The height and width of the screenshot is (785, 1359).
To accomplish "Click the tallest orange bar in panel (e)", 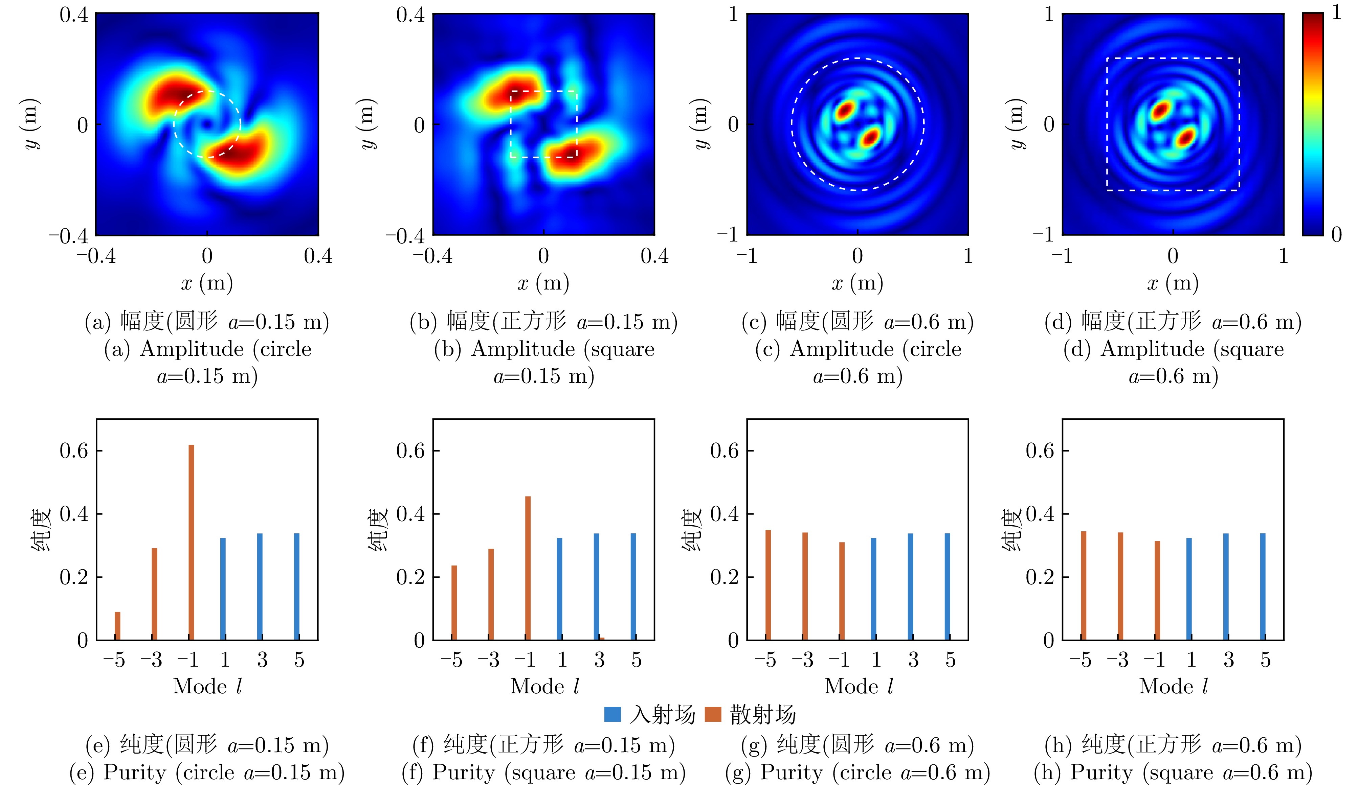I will (191, 542).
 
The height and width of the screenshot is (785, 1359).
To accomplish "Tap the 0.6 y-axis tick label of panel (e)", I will (74, 451).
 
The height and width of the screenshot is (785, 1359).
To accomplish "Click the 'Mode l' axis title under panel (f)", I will (545, 686).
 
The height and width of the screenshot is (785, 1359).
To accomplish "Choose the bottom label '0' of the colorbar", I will (1336, 234).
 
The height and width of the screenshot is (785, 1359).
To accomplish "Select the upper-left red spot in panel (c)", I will (845, 110).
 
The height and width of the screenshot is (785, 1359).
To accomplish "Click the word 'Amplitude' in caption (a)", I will (192, 349).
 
